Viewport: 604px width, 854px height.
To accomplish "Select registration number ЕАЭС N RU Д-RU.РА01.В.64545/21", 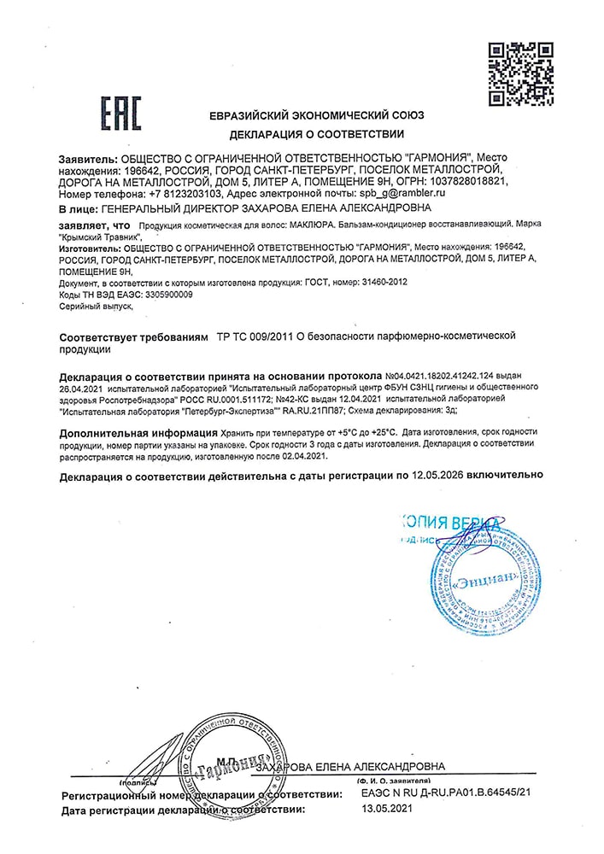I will click(x=445, y=794).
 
